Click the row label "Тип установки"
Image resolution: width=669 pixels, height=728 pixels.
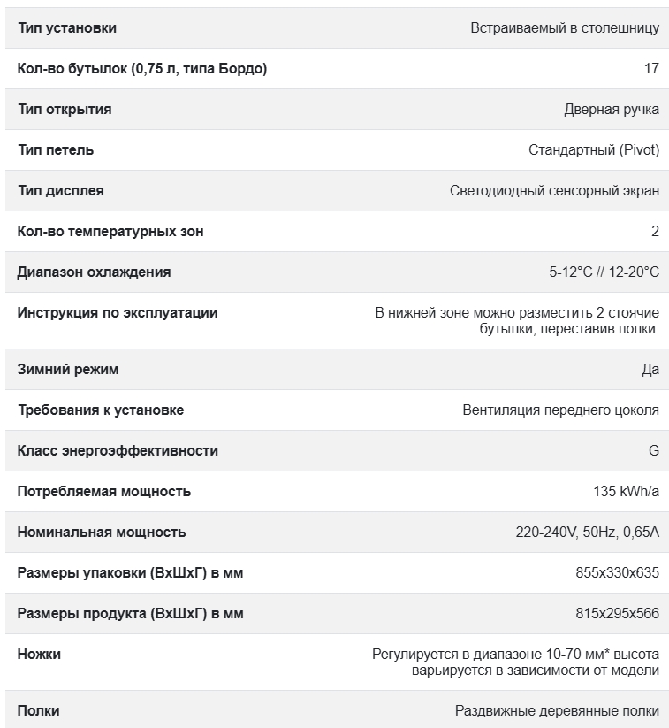coord(67,28)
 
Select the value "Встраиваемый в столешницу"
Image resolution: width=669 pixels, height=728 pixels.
coord(565,28)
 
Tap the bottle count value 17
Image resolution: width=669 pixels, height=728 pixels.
coord(651,69)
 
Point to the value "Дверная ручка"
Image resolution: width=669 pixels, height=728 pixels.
coord(612,110)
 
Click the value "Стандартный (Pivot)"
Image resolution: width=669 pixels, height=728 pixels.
coord(594,150)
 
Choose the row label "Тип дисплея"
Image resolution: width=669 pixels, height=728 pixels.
coord(61,191)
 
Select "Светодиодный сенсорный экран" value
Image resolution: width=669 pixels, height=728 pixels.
coord(554,191)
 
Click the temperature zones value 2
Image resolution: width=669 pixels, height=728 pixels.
coord(655,232)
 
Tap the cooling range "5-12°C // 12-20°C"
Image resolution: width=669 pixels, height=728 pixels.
coord(604,272)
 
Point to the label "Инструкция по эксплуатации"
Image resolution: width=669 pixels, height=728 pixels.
coord(118,313)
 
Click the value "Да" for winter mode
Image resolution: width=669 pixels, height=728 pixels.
coord(650,370)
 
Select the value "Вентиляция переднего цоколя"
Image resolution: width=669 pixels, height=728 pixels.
coord(560,410)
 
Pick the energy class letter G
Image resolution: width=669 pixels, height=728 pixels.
coord(654,451)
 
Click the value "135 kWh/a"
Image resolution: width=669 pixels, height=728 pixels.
coord(626,492)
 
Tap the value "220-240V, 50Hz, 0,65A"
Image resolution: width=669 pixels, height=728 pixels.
coord(588,533)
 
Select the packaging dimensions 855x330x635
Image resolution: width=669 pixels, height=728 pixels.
coord(617,573)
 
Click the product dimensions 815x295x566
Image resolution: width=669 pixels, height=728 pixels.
coord(617,614)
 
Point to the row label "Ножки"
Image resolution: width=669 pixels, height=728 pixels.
coord(40,655)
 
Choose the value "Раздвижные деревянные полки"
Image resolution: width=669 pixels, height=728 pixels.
coord(557,711)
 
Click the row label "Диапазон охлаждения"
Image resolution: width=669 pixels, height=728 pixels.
coord(94,272)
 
